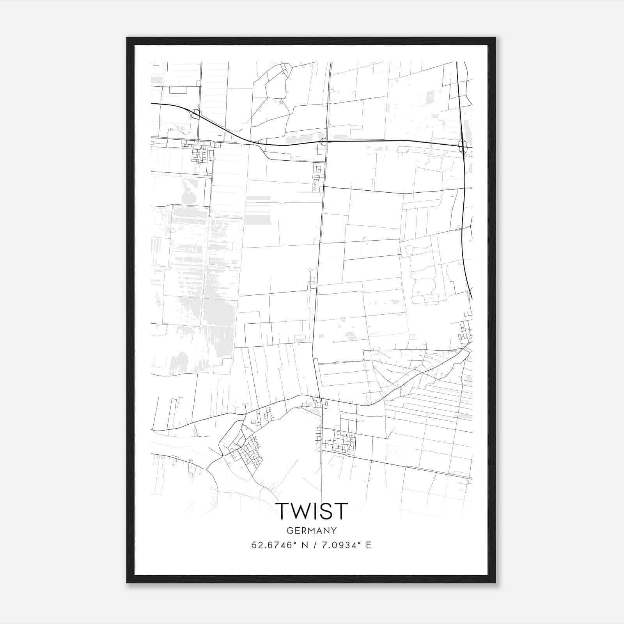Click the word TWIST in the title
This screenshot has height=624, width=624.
tap(311, 511)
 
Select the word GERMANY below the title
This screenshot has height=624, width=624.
tap(311, 531)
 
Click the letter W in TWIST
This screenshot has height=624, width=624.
tap(300, 511)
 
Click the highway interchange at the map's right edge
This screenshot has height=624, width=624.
tap(463, 146)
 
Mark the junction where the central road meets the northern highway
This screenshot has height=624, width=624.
tap(324, 141)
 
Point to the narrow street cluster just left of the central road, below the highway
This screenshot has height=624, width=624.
tap(318, 177)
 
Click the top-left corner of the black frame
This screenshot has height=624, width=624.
tap(127, 38)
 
